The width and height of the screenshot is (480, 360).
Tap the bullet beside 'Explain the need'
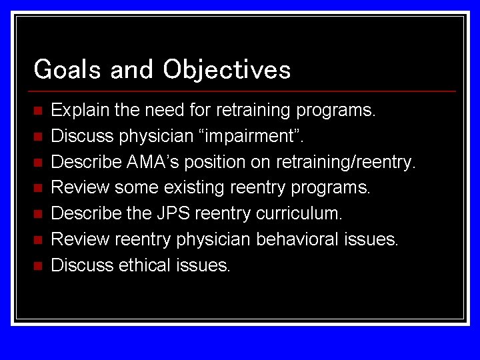37,110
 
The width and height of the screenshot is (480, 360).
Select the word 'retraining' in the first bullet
253,110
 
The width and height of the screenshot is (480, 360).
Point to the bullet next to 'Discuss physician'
37,136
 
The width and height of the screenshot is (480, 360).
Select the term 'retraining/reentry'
346,162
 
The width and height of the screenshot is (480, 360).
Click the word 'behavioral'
295,239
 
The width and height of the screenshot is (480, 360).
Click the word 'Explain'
74,110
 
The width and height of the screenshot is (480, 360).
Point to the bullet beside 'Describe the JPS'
37,214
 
